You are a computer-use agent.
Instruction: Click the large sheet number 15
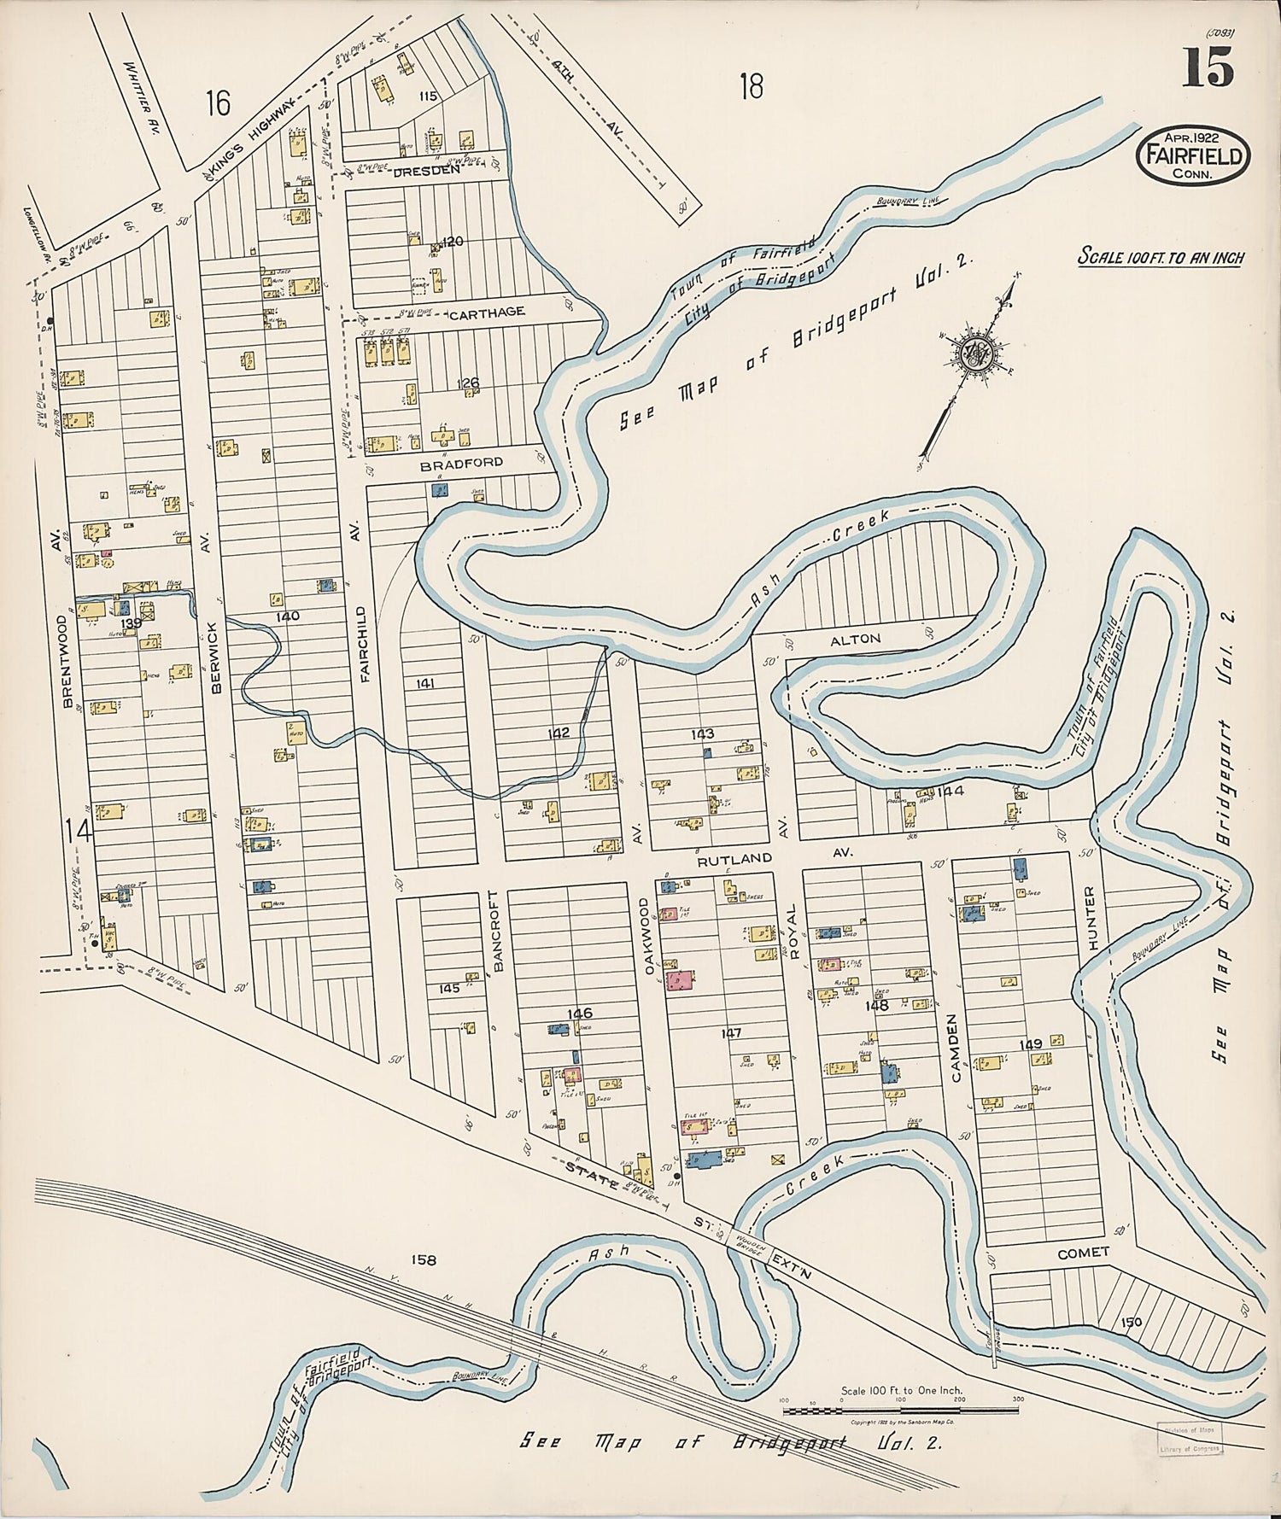tap(1208, 67)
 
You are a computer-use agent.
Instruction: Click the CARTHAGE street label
tap(486, 313)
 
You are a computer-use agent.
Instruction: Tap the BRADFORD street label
tap(462, 462)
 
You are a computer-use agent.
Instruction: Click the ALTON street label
tap(861, 639)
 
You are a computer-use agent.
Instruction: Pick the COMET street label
tap(1083, 1252)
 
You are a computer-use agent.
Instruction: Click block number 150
tap(1132, 1322)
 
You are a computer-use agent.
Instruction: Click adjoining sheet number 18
tap(751, 86)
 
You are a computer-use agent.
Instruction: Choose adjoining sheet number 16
tap(218, 104)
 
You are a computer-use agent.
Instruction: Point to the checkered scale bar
tap(900, 1409)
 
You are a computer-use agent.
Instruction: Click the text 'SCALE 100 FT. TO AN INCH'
tap(1161, 257)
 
